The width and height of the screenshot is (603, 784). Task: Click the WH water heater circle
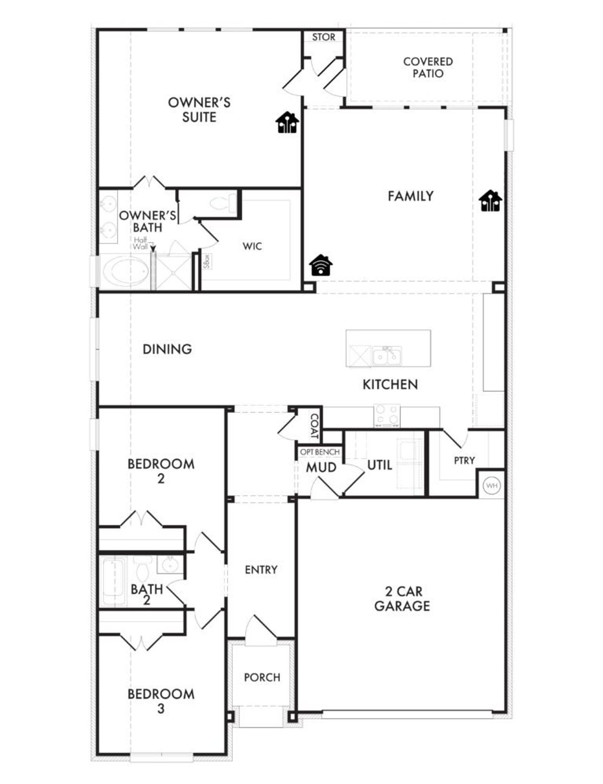[x=491, y=485]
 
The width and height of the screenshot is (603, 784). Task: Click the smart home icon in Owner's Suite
[x=287, y=123]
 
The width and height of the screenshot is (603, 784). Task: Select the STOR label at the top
[x=324, y=37]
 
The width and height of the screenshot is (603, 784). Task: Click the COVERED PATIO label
[x=428, y=67]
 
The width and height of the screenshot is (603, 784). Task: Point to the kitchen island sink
[x=387, y=356]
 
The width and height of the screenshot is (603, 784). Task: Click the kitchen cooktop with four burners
[x=387, y=415]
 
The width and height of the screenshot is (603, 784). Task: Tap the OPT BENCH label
[x=320, y=452]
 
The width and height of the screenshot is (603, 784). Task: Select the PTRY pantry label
[x=464, y=460]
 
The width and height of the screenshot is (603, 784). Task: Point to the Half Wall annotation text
[x=140, y=243]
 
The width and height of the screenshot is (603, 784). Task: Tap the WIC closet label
[x=252, y=246]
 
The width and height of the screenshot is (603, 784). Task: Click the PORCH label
[x=262, y=677]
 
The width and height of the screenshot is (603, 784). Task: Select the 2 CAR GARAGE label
[x=402, y=598]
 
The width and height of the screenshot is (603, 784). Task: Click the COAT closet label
[x=314, y=426]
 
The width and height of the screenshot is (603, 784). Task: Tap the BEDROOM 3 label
[x=161, y=701]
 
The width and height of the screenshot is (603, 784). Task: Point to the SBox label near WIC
[x=206, y=261]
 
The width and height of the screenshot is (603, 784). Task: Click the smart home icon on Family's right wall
[x=490, y=201]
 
